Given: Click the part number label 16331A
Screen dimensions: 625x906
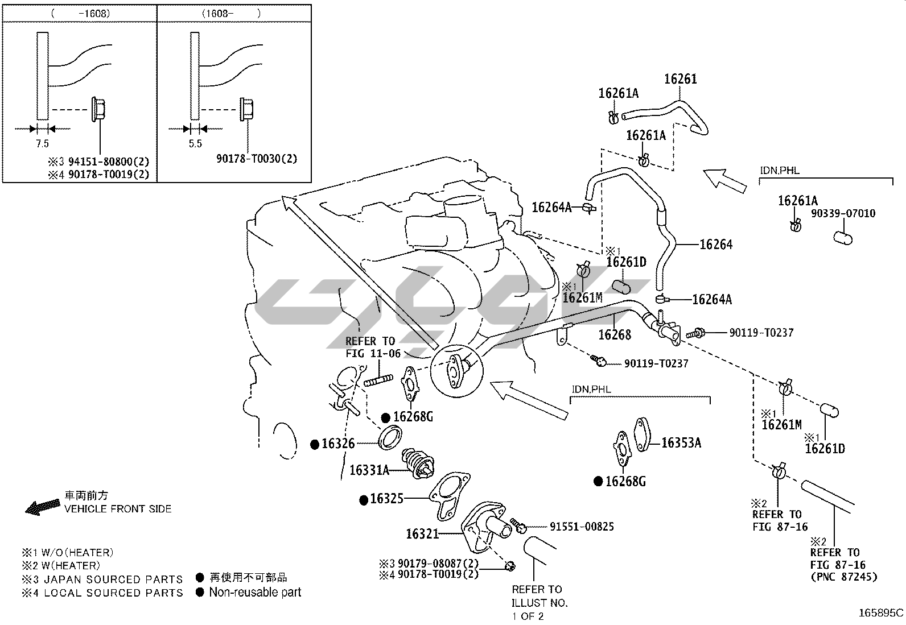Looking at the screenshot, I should [369, 470].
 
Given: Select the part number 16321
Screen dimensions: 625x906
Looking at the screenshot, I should [422, 534].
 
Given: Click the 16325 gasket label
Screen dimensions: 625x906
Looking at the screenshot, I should [386, 499].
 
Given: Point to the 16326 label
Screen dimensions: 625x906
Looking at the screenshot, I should [338, 444].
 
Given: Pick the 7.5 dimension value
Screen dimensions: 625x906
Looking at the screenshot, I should [42, 144].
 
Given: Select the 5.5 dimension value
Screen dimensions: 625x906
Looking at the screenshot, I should [195, 144].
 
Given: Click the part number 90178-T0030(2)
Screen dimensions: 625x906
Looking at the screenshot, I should [257, 159].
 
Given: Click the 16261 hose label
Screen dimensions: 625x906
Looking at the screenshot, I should [680, 80].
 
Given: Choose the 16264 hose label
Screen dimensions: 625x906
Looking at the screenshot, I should [716, 245].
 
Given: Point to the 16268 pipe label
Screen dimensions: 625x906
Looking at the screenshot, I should [615, 335].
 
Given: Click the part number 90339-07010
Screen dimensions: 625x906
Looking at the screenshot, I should [843, 214].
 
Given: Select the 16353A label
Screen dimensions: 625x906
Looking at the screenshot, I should [681, 442].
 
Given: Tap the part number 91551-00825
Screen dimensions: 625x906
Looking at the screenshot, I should [582, 527].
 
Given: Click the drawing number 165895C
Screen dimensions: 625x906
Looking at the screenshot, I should [881, 613].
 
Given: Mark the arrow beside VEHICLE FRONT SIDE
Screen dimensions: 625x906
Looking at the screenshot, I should [43, 506].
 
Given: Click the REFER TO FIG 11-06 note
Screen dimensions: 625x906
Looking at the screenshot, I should [373, 347].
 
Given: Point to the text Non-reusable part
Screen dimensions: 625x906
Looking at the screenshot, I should [255, 593].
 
